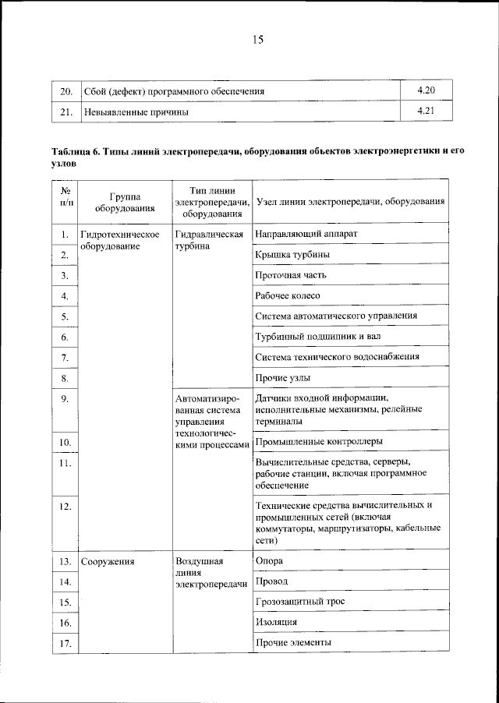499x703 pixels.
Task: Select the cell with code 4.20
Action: tap(425, 90)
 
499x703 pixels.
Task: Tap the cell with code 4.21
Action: tap(425, 111)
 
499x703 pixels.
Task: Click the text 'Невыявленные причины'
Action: tap(136, 111)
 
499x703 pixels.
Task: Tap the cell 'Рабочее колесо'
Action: tap(288, 295)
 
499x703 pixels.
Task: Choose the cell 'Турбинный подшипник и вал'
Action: tap(318, 337)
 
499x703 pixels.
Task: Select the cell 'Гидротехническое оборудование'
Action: tap(120, 240)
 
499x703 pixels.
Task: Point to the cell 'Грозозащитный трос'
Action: tap(299, 602)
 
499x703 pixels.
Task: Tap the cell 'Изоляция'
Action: tap(276, 622)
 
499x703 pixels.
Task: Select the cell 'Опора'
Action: tap(269, 560)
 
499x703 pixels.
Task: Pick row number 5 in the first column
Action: tap(65, 316)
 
